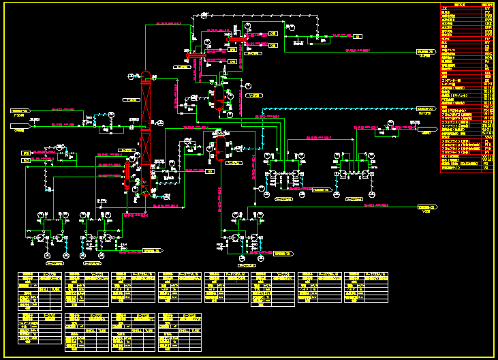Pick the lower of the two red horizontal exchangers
click(x=198, y=57)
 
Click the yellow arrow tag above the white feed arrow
click(x=19, y=110)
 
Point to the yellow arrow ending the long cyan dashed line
click(x=425, y=108)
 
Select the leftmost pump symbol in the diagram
click(x=41, y=236)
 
